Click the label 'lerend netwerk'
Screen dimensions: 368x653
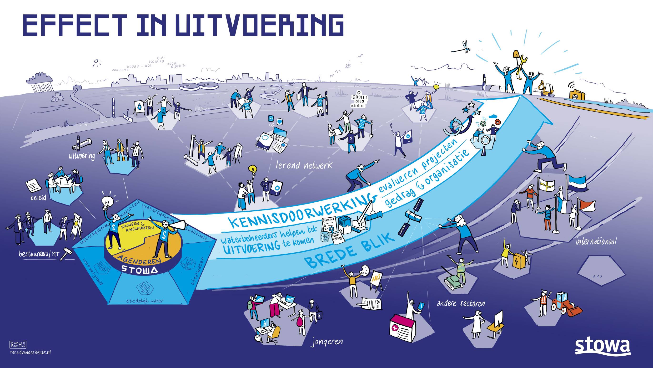click(303, 165)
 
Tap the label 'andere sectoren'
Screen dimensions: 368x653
click(461, 303)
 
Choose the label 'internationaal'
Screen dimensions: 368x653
click(595, 241)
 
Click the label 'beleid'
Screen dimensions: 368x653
click(38, 197)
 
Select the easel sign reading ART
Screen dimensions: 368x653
click(377, 280)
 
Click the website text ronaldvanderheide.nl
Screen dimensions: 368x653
click(30, 352)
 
